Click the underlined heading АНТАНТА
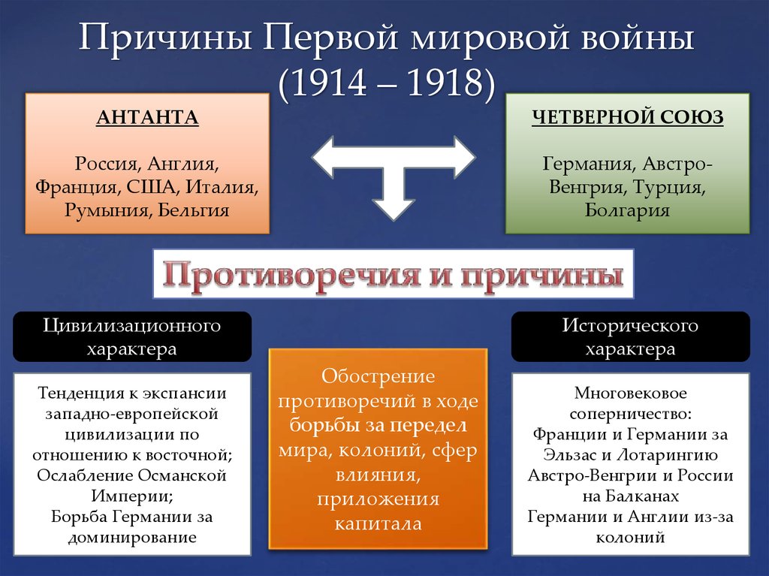(x=148, y=117)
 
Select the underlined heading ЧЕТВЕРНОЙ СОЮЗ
(x=628, y=117)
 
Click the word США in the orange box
(x=151, y=187)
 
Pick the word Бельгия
(x=194, y=210)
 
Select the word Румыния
(x=108, y=211)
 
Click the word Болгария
(x=627, y=210)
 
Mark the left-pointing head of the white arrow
(x=323, y=157)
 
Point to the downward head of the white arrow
(x=394, y=210)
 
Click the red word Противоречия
(x=290, y=274)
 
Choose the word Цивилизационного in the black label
(x=132, y=325)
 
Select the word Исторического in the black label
(x=630, y=325)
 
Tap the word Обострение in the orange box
(x=378, y=376)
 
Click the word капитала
(x=378, y=523)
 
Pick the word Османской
(x=182, y=475)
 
